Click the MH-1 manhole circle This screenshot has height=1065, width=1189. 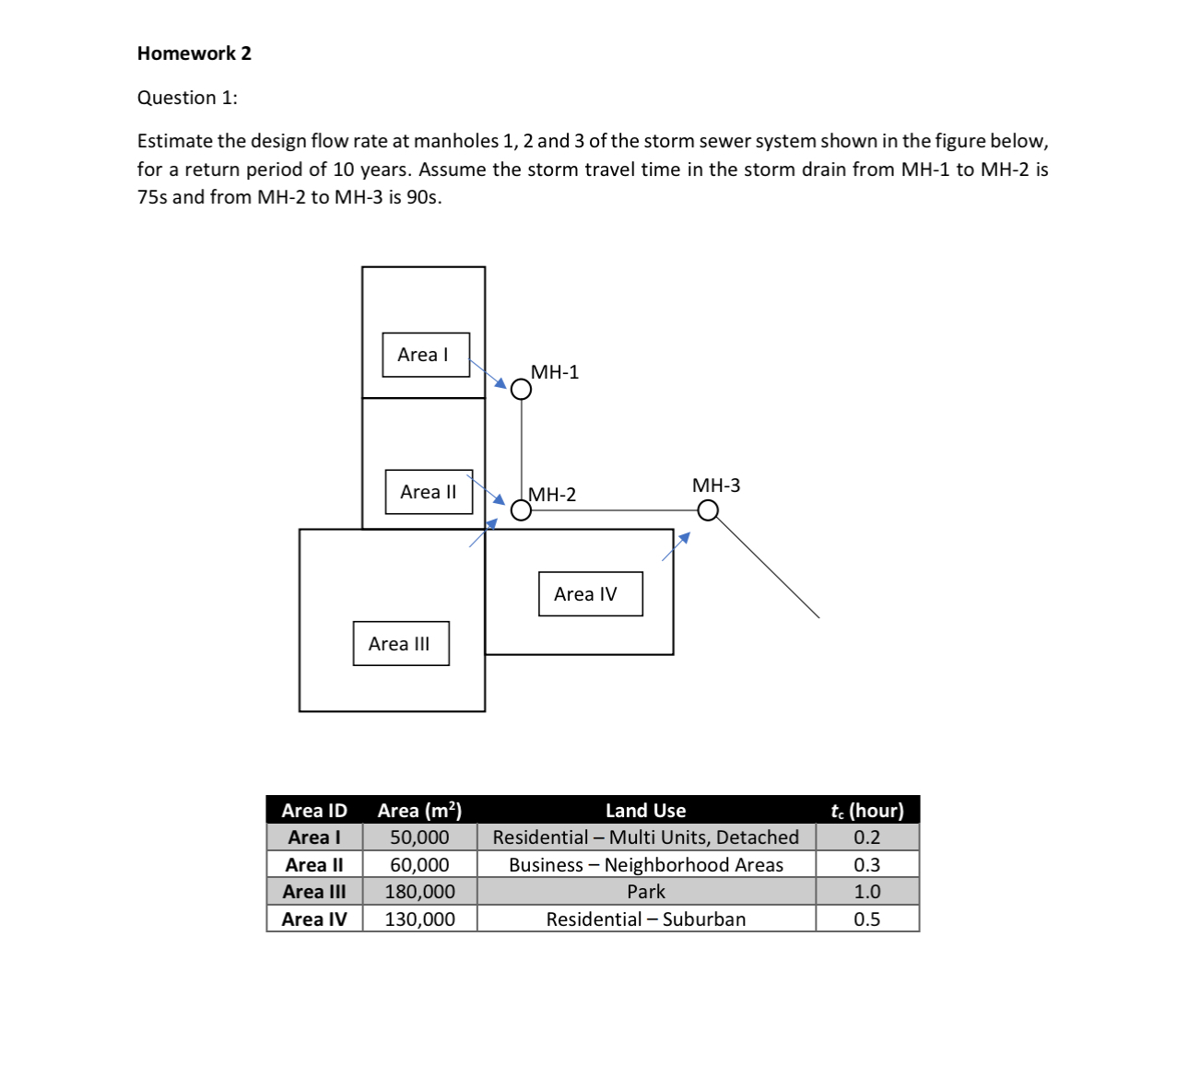pos(521,390)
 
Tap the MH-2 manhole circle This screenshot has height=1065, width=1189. pos(521,510)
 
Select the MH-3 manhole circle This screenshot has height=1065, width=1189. pos(707,510)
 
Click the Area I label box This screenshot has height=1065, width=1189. pos(426,355)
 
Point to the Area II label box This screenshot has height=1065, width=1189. pos(430,492)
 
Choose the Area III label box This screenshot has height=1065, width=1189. pos(401,644)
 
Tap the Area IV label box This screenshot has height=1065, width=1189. pos(590,594)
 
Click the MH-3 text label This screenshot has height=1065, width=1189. pos(716,486)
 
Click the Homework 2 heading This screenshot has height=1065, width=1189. pos(194,53)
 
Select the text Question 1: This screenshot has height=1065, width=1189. pos(187,98)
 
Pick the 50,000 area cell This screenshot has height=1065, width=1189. pos(419,837)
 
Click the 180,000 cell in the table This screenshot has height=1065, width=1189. pos(419,892)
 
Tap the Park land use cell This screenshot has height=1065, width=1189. pos(646,892)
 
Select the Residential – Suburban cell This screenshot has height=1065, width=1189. pos(646,919)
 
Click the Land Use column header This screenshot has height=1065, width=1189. pos(645,811)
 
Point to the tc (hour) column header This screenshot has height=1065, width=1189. pos(866,811)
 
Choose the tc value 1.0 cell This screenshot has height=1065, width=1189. pos(866,892)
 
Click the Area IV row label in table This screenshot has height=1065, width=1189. pos(314,919)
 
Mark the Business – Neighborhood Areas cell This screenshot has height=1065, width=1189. pos(646,865)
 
